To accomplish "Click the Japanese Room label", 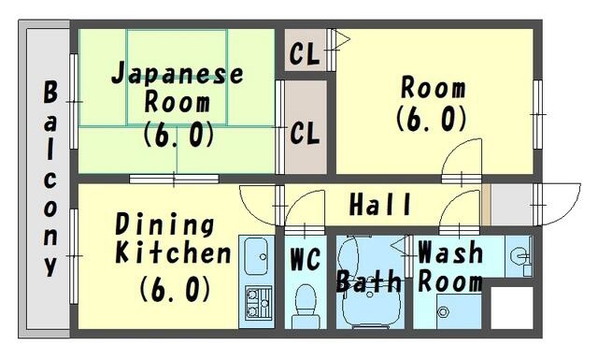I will point(177,88).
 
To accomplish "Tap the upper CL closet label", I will point(304,53).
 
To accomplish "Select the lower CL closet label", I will point(304,132).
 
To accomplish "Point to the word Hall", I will point(380,204).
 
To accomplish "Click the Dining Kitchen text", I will point(172,239).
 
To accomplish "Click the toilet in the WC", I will point(306,302).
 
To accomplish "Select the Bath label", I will point(369,281).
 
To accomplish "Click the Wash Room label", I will point(450,266).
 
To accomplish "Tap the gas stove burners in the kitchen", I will point(257,302).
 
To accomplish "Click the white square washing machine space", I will point(511,306).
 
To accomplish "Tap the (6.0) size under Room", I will point(431,120).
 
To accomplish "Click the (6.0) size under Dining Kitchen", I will point(175,289).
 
